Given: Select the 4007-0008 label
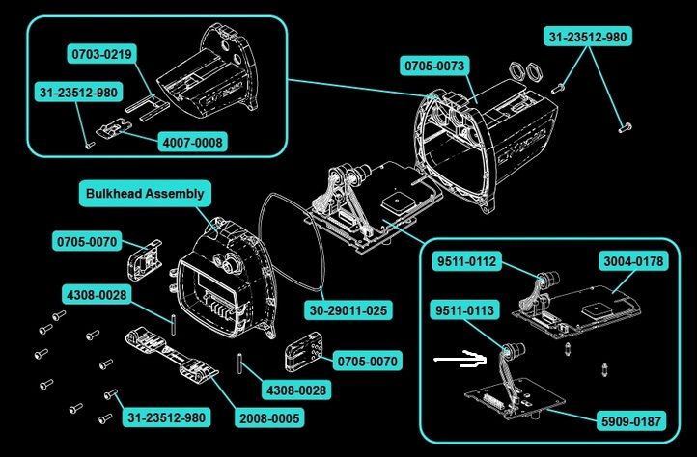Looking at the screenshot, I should click(x=193, y=142).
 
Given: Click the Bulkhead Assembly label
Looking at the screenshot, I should click(x=145, y=194).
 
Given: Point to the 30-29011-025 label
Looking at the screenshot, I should click(x=348, y=310).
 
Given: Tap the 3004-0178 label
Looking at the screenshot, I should click(x=632, y=260).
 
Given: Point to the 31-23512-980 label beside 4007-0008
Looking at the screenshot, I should click(x=78, y=93).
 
